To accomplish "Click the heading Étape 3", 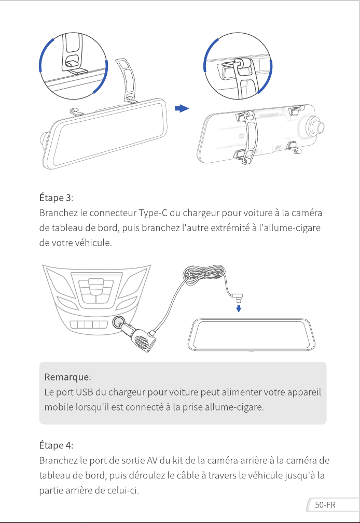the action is (55, 198).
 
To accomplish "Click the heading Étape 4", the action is (56, 445).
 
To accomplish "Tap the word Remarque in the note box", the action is (67, 377).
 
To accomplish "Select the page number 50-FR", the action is (325, 505).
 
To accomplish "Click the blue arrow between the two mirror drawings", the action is (182, 108).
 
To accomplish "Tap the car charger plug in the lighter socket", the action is (140, 337).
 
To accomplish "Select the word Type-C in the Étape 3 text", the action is (153, 213).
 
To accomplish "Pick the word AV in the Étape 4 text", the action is (152, 461).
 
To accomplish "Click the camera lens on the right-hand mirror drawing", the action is (315, 127).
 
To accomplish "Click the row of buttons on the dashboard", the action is (89, 324).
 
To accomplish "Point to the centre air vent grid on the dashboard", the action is (96, 291).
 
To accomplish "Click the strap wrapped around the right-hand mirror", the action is (248, 137).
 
